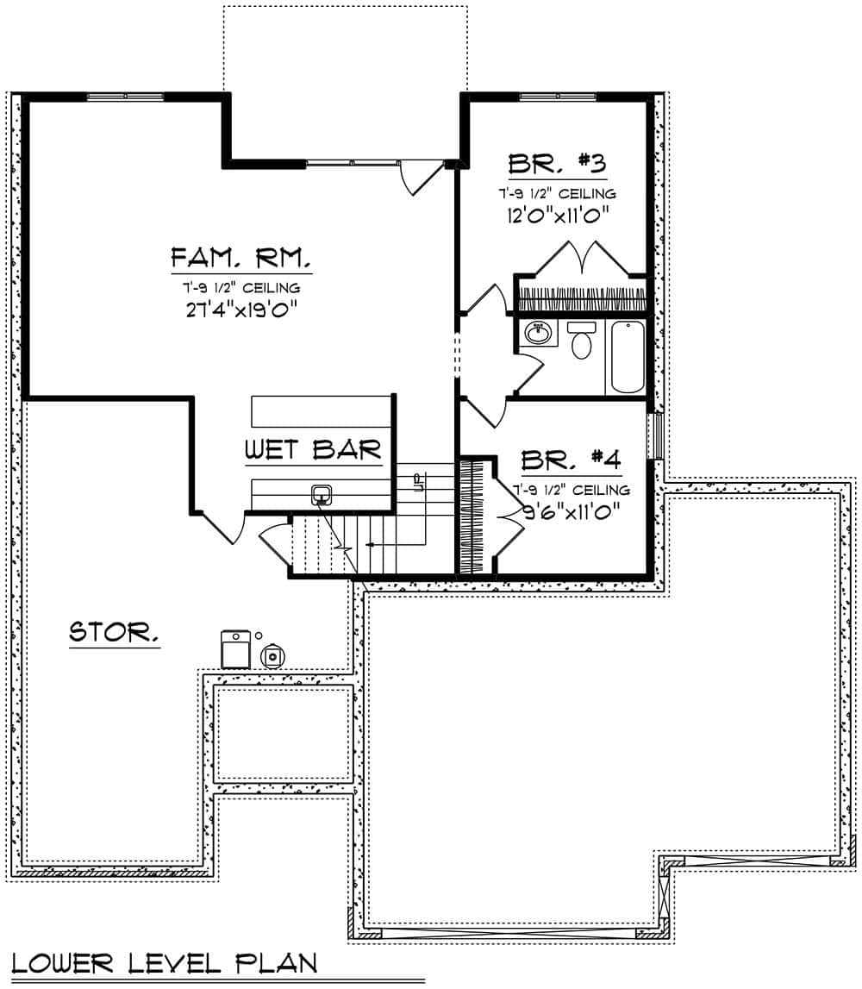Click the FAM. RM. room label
pos(240,258)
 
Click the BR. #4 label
pos(572,459)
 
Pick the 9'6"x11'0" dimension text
pos(572,510)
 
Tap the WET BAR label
pos(313,449)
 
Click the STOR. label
pos(114,634)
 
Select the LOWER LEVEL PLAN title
pos(165,962)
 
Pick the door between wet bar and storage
pos(222,527)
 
